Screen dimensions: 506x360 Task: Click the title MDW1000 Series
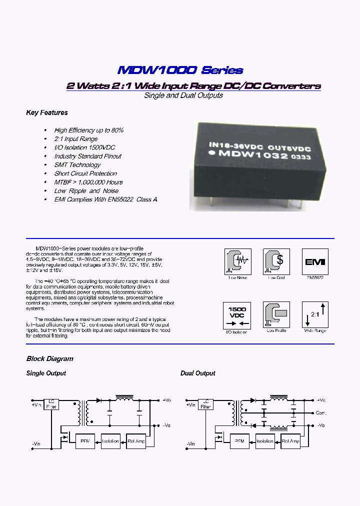point(180,70)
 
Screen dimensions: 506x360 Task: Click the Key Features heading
point(46,113)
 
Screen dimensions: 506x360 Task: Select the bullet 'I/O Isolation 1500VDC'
point(84,147)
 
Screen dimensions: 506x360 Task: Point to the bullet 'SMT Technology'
point(77,165)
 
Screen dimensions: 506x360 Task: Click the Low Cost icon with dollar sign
point(276,261)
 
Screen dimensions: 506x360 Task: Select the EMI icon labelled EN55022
point(315,261)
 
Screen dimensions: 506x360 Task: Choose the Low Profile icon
point(276,314)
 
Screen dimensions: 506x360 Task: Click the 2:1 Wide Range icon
point(315,314)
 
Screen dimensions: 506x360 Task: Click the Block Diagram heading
point(49,359)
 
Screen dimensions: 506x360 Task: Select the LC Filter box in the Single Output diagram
point(51,404)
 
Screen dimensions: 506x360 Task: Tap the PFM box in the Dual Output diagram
point(239,441)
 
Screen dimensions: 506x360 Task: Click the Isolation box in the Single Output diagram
point(110,441)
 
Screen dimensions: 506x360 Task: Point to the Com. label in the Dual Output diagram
point(320,413)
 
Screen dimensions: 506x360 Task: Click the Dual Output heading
point(197,373)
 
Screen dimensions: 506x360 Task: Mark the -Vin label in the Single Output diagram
point(36,444)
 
